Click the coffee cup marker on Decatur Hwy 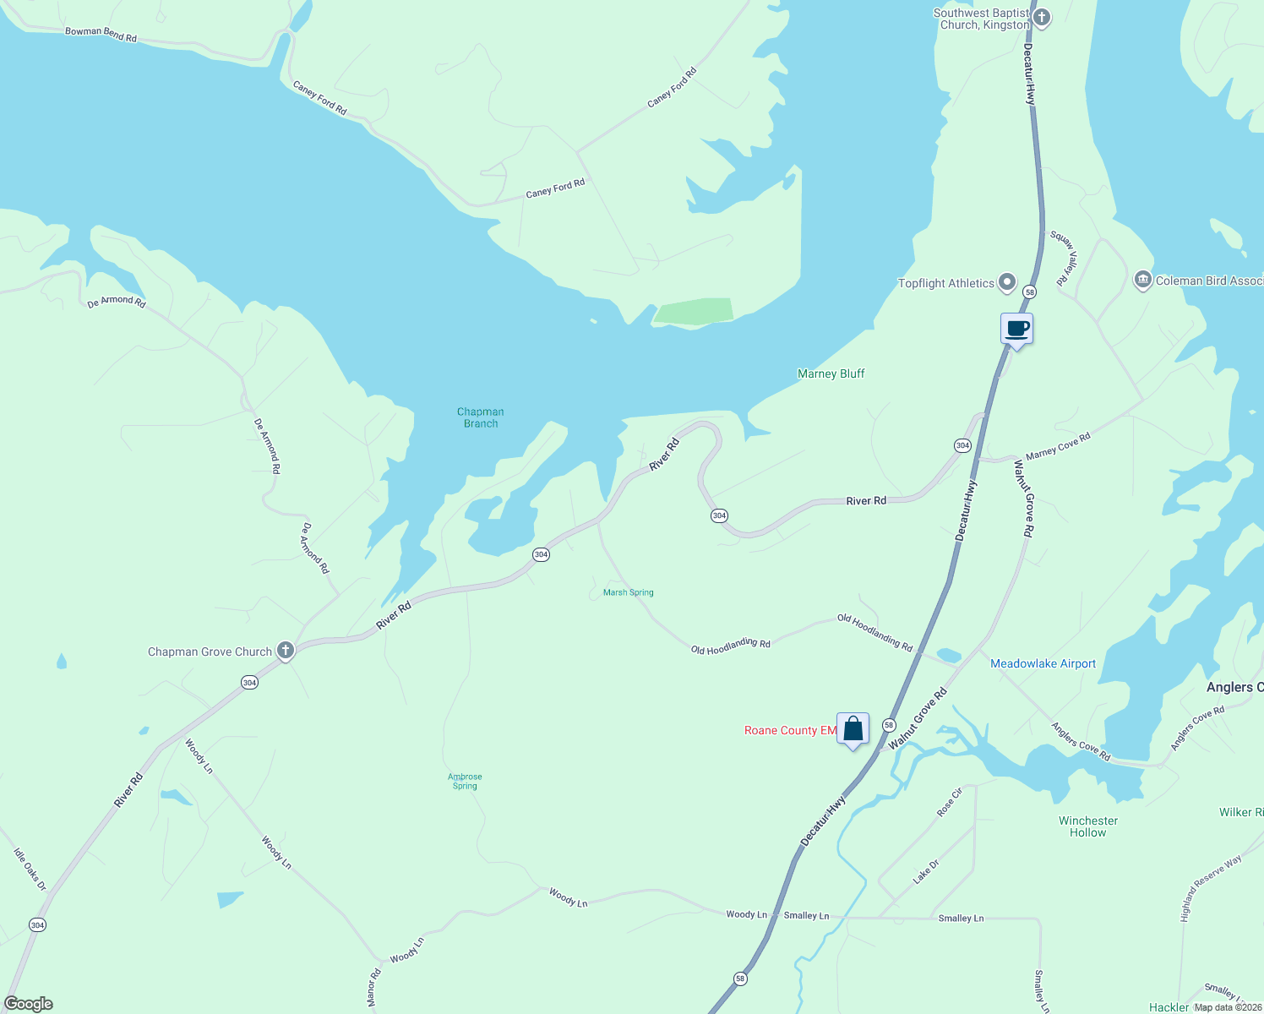pos(1016,329)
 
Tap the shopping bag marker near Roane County pos(853,728)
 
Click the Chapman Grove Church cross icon pos(286,651)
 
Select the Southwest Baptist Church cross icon pos(1043,17)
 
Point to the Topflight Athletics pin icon pos(1006,282)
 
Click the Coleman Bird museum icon pos(1142,280)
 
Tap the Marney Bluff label pos(831,373)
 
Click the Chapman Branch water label pos(480,417)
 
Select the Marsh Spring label pos(628,592)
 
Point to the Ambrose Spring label pos(465,781)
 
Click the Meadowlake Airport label pos(1043,663)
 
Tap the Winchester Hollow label pos(1087,826)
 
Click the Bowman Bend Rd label pos(101,35)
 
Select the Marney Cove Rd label pos(1058,446)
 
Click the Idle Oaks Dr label pos(30,870)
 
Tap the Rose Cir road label pos(950,802)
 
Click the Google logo pos(29,1004)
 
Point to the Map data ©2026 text pos(1227,1007)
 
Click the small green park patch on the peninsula pos(693,310)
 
